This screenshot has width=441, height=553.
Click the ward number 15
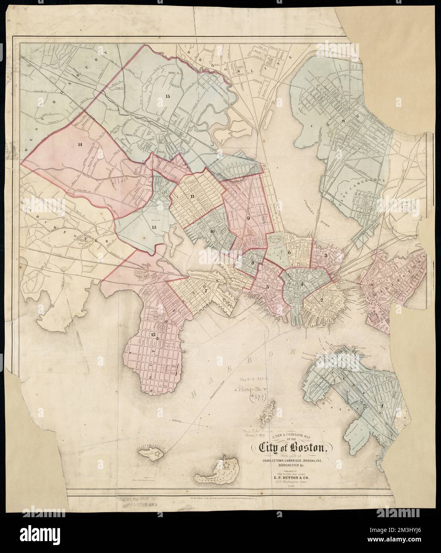click(167, 96)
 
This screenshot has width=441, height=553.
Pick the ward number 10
click(213, 231)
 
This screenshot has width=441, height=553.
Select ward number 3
click(326, 255)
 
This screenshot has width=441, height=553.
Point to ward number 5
click(268, 287)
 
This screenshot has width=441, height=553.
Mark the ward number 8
click(253, 262)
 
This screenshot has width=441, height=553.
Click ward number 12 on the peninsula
click(153, 335)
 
